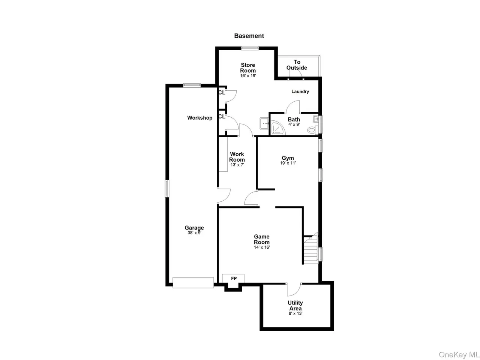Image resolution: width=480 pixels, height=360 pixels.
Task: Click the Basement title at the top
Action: tap(249, 36)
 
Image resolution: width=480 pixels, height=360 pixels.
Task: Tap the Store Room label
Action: tap(248, 68)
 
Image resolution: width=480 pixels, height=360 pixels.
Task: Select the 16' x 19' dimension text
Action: tap(248, 76)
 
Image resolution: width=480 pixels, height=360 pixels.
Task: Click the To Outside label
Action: tap(297, 65)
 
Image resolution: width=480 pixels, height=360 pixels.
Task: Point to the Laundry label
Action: tap(300, 91)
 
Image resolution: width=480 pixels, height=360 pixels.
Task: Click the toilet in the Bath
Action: tap(312, 130)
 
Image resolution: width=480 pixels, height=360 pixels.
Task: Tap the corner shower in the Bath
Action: tap(278, 128)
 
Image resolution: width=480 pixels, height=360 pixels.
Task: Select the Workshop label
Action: tap(199, 118)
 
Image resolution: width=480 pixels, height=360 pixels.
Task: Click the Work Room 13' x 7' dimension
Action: tap(237, 165)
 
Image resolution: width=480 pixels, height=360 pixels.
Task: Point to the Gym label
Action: tap(288, 158)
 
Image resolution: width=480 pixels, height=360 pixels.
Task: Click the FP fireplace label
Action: tap(234, 279)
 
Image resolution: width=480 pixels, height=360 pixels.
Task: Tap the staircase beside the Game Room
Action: tap(310, 249)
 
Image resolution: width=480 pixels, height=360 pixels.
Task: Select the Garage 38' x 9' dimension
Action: tap(194, 233)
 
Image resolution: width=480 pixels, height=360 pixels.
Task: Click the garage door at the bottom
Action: tap(193, 283)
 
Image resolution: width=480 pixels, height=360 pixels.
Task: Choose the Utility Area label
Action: tap(295, 306)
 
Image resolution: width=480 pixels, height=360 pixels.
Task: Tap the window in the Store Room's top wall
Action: tap(250, 48)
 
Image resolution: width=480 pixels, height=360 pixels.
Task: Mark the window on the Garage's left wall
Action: tap(167, 188)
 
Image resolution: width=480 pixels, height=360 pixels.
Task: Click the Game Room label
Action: tap(261, 239)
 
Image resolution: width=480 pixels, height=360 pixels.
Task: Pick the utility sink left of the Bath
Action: tap(264, 124)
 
